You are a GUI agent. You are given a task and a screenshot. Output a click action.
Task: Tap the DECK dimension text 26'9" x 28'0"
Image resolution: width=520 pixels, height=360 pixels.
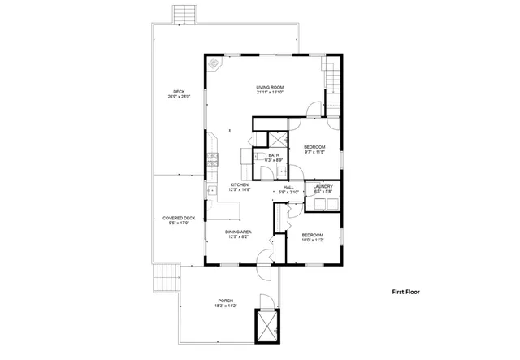click(178, 97)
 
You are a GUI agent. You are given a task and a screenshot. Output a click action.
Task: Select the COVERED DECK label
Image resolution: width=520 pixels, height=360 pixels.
click(178, 218)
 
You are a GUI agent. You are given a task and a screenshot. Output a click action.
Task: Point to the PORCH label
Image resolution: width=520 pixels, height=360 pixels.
click(226, 301)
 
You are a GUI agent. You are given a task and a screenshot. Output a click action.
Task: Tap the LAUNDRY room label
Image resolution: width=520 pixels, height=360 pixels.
click(323, 186)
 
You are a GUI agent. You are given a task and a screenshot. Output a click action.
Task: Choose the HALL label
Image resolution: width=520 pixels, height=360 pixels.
click(288, 188)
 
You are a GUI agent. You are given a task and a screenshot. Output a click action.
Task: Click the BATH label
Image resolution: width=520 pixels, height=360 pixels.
click(274, 155)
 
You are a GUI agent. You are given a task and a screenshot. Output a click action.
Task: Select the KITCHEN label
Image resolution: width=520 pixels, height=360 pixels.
click(239, 184)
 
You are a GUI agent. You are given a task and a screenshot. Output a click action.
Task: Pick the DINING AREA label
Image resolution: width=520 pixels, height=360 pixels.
click(238, 232)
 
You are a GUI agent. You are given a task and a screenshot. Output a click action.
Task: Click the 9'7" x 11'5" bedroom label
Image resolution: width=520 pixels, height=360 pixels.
click(314, 147)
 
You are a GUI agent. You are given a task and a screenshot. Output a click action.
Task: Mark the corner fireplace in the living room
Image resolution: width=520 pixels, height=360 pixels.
click(214, 63)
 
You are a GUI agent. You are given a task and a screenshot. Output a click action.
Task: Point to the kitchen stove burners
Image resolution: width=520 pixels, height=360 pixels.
click(214, 158)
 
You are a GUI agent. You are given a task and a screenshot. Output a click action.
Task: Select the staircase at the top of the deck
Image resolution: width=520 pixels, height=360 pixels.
click(185, 14)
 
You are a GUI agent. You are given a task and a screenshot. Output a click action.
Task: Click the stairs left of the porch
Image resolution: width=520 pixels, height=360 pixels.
click(167, 279)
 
